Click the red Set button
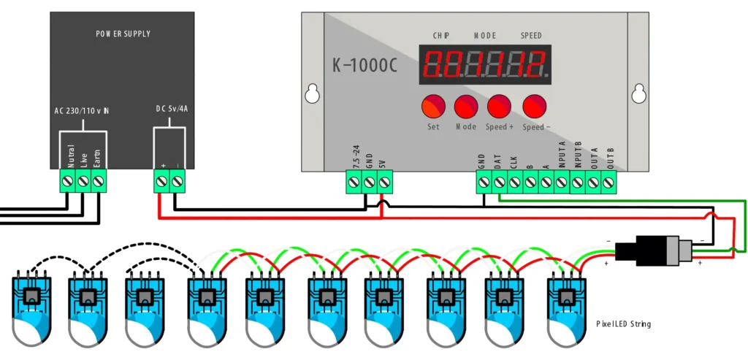tap(433, 107)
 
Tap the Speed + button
tap(500, 107)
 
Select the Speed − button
tap(534, 107)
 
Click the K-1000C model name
tap(365, 66)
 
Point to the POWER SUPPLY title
tap(123, 34)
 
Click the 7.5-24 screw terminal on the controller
tap(354, 183)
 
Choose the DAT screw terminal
tap(499, 183)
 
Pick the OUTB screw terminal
tap(608, 183)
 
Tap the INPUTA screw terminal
tap(561, 183)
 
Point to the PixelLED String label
tap(622, 323)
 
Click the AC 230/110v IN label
tap(83, 111)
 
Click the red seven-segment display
tap(484, 64)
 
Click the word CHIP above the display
tap(441, 35)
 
